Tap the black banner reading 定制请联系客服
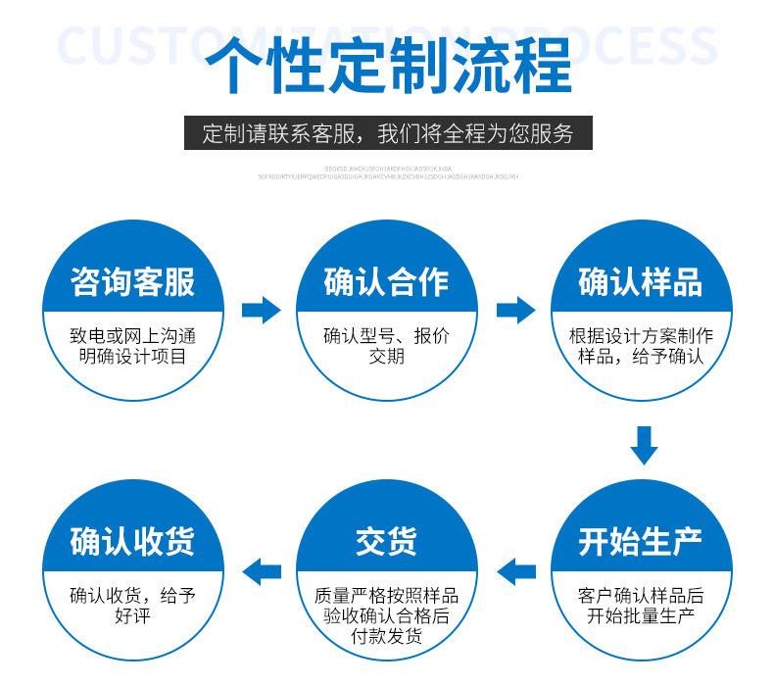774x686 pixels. [x=388, y=133]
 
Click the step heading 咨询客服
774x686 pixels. [x=132, y=282]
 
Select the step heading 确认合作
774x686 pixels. [x=386, y=282]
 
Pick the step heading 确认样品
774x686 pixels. [x=641, y=282]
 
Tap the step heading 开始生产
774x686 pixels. [x=641, y=541]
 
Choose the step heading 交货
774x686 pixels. [x=386, y=541]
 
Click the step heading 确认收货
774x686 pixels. [x=132, y=541]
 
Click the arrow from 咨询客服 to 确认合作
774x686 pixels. [x=261, y=311]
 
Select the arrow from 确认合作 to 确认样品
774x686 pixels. [x=515, y=311]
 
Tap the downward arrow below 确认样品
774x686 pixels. [x=643, y=445]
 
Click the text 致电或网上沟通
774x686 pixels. [x=132, y=335]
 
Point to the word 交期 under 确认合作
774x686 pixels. [x=386, y=357]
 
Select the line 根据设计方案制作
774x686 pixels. [x=641, y=335]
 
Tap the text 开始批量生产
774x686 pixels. [x=641, y=616]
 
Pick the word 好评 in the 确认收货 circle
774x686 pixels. [x=132, y=616]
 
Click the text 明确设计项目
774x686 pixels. [x=132, y=357]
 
